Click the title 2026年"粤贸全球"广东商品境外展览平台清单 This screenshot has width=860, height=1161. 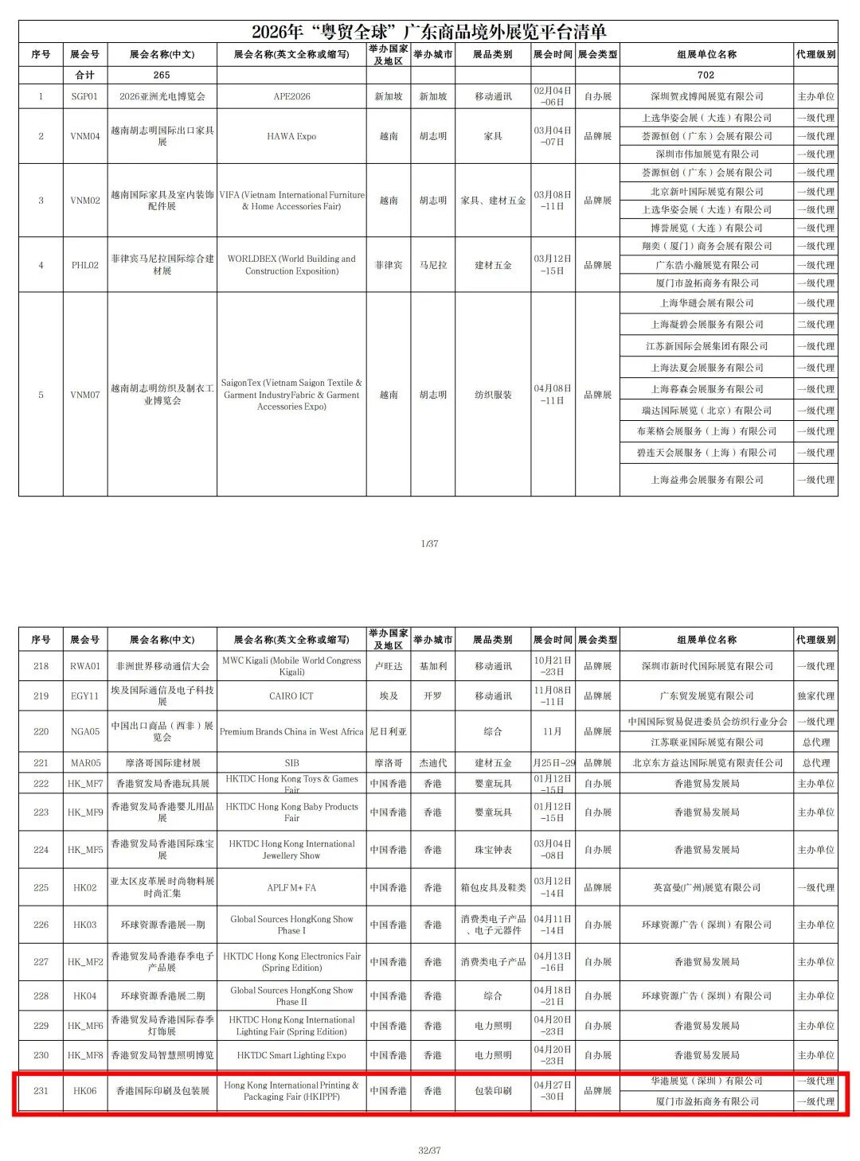428,32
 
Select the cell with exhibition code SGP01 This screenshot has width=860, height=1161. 84,96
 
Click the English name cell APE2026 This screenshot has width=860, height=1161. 291,96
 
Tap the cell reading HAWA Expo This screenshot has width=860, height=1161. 291,136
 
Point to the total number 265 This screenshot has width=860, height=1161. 162,75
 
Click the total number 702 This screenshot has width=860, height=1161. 706,75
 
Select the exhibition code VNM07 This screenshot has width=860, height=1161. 84,395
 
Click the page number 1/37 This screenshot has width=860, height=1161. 429,543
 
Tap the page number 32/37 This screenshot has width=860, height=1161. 429,1150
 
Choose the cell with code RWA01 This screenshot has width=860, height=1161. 84,666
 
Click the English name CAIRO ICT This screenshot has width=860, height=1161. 291,695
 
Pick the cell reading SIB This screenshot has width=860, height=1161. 291,762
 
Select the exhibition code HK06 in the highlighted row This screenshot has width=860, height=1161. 84,1091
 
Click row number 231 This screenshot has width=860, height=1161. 41,1091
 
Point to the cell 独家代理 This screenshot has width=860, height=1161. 815,695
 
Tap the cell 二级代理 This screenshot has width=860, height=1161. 815,325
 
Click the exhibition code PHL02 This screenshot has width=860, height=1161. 84,265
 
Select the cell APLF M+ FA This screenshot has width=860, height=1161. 291,887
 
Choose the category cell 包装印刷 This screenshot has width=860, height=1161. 493,1091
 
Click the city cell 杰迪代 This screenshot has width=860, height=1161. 432,762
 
